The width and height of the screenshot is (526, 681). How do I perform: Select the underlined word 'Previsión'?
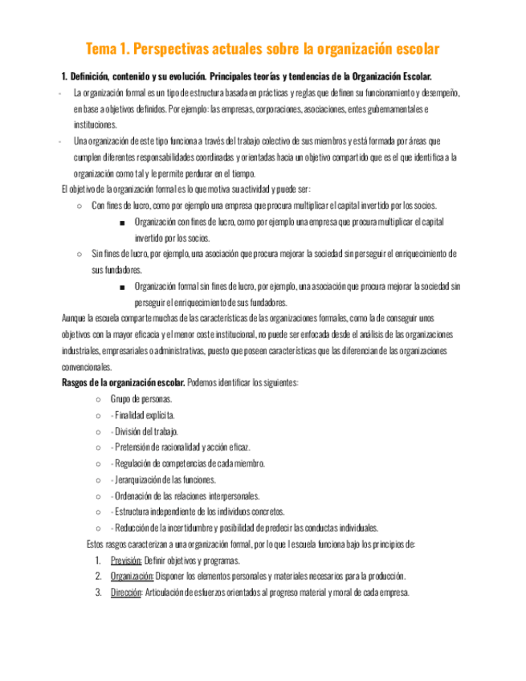click(126, 561)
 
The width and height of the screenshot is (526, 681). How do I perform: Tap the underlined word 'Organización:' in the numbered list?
click(133, 577)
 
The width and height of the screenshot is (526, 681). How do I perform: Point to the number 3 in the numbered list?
click(96, 593)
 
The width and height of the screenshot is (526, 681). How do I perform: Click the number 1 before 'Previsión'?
click(96, 561)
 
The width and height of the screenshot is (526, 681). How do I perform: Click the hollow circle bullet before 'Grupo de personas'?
click(97, 399)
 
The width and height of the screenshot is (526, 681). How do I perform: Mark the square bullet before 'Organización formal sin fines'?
click(120, 287)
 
